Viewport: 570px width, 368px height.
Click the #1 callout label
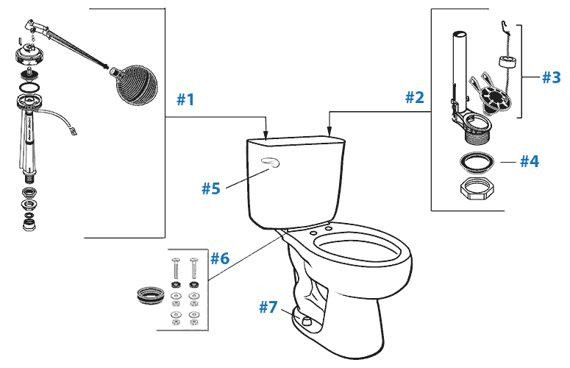185,99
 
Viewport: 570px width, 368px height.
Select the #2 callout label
415,96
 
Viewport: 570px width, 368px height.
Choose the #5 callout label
211,188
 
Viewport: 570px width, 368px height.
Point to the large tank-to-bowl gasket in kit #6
149,296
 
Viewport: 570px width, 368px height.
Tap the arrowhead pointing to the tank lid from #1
266,135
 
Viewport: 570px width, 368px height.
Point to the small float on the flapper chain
506,60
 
